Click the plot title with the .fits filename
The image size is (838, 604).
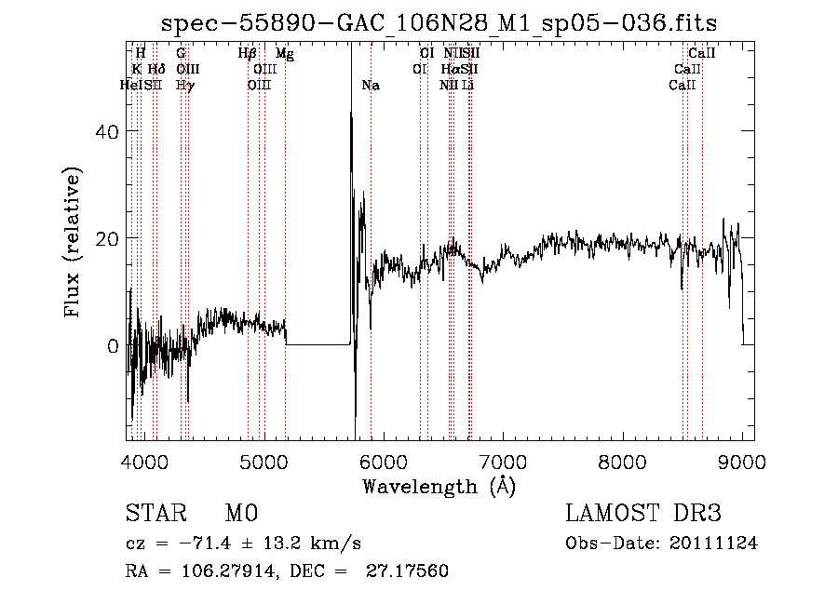(439, 22)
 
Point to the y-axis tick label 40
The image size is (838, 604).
(109, 132)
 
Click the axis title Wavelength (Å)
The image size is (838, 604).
(439, 486)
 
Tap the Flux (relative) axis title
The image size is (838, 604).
(74, 241)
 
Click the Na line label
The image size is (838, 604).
(371, 86)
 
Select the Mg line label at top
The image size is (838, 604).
(285, 55)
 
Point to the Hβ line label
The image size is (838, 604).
(248, 55)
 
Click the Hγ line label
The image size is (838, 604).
(184, 86)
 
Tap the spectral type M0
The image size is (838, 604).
(240, 514)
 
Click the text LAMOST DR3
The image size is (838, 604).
(643, 514)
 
